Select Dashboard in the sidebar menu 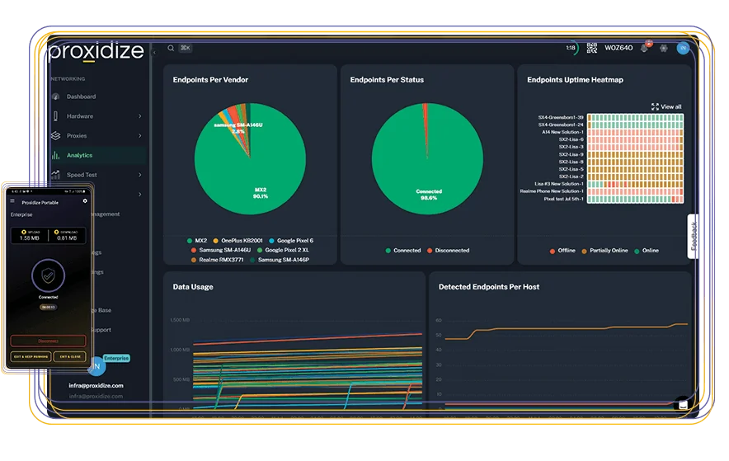pyautogui.click(x=81, y=96)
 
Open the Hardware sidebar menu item pyautogui.click(x=80, y=116)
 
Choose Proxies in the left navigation pyautogui.click(x=77, y=136)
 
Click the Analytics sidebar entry pyautogui.click(x=79, y=155)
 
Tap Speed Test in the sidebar pyautogui.click(x=82, y=175)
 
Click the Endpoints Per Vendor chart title pyautogui.click(x=210, y=80)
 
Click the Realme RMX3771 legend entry pyautogui.click(x=220, y=260)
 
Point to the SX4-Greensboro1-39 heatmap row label pyautogui.click(x=560, y=117)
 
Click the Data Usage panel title pyautogui.click(x=193, y=287)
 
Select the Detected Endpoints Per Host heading pyautogui.click(x=489, y=287)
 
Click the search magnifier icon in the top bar pyautogui.click(x=171, y=49)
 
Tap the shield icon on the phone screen pyautogui.click(x=48, y=277)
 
